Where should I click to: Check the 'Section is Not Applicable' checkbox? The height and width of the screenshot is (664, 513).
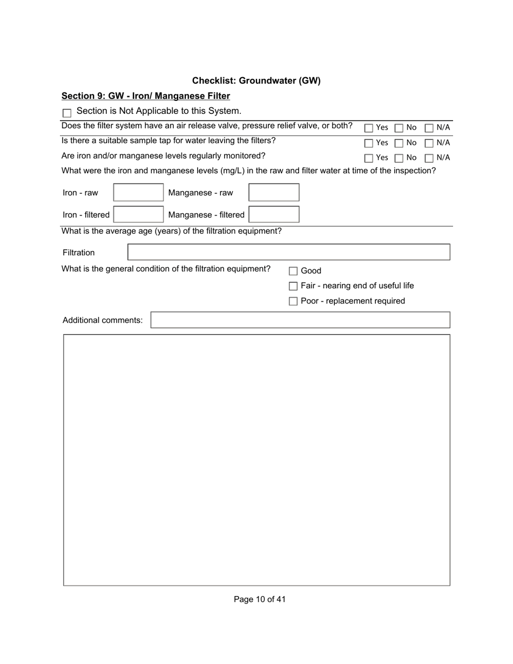tap(67, 113)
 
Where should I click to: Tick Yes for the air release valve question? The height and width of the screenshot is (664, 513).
tap(369, 128)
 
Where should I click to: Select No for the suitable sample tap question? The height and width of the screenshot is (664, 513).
tap(399, 144)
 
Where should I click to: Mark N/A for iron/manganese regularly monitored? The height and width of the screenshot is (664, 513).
tap(429, 159)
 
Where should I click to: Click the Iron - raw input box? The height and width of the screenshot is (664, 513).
tap(138, 193)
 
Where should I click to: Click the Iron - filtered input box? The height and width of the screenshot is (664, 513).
tap(138, 215)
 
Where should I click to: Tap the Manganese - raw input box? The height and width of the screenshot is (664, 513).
tap(274, 193)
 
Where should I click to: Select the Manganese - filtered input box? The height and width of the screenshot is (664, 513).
tap(274, 215)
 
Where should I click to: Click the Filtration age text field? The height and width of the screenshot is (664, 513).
tap(288, 252)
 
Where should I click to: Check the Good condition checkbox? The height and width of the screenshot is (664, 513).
tap(293, 272)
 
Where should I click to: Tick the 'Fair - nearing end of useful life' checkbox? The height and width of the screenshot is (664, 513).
tap(293, 286)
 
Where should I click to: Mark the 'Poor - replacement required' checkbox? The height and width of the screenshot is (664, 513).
tap(293, 301)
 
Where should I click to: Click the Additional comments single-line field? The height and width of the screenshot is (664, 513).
tap(300, 320)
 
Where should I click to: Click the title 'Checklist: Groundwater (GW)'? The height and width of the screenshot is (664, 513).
tap(256, 81)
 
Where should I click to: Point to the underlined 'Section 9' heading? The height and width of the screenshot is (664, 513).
tap(146, 96)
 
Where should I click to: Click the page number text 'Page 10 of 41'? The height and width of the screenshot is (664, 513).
tap(260, 599)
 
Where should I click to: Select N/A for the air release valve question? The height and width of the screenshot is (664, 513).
tap(429, 128)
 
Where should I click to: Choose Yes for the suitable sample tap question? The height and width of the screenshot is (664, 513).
tap(369, 144)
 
